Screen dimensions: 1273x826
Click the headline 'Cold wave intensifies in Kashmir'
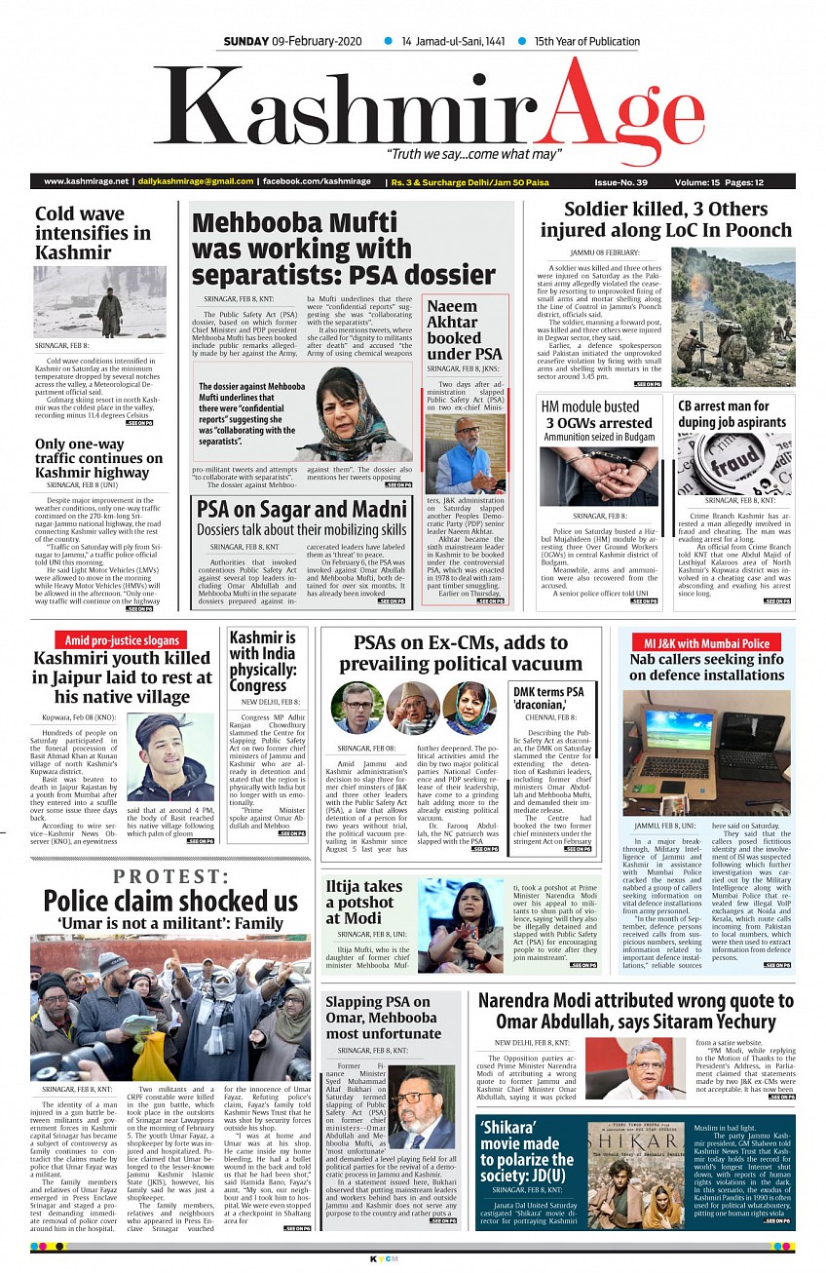click(93, 232)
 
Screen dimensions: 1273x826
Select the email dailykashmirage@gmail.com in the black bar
click(195, 181)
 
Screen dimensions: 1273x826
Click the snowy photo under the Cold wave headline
click(99, 302)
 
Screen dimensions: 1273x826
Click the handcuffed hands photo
click(599, 475)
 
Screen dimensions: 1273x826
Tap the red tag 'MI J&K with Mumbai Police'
click(706, 643)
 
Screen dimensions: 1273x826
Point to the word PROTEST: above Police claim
click(171, 877)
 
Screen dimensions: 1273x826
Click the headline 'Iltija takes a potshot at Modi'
click(363, 903)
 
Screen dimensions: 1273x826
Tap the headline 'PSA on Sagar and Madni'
click(301, 510)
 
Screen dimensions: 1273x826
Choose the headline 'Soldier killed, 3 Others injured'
click(666, 219)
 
